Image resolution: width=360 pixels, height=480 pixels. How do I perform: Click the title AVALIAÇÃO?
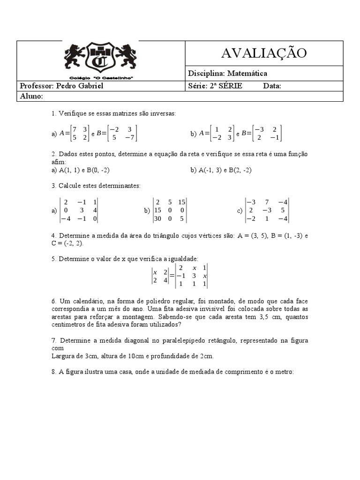(264, 53)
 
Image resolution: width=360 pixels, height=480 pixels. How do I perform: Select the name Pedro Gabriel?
(80, 86)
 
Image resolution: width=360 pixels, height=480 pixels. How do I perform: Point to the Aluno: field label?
(32, 96)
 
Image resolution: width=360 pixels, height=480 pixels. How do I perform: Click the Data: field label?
(272, 86)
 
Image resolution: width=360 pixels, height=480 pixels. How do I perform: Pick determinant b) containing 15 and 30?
(170, 210)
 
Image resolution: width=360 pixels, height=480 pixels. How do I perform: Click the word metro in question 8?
(284, 372)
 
